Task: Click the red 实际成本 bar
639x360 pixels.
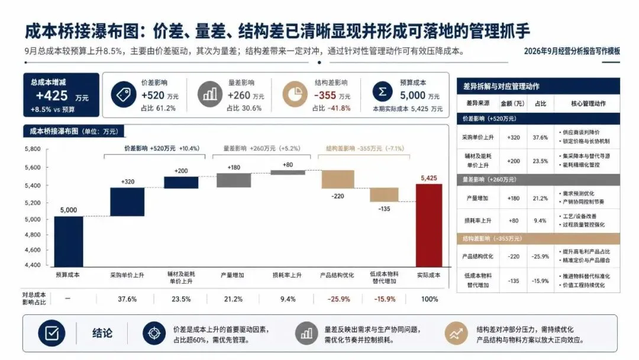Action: pos(429,226)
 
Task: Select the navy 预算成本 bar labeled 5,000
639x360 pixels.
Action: pos(69,242)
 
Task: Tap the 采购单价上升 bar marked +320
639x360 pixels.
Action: pos(127,202)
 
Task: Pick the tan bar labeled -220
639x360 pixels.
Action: pos(338,179)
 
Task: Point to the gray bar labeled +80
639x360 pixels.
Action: pos(288,172)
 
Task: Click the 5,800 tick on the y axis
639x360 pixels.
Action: pos(33,149)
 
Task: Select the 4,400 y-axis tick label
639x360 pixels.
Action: pos(33,265)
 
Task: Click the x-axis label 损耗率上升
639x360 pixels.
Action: pos(287,275)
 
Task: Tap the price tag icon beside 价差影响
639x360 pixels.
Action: pos(124,95)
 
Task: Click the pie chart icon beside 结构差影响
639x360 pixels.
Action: pos(295,95)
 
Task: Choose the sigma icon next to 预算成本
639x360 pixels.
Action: pos(382,92)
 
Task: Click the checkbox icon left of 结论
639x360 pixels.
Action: pos(51,333)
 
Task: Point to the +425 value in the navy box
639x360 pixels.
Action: pos(51,95)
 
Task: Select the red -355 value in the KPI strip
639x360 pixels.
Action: pos(325,95)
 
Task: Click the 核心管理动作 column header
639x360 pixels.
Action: pos(588,104)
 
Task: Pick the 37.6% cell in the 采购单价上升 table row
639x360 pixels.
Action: pos(540,137)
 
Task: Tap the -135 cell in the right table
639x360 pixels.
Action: pos(514,281)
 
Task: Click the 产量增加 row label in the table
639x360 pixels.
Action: pos(477,198)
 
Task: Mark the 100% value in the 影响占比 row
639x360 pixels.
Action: pos(430,299)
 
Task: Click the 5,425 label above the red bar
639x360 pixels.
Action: pos(429,178)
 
